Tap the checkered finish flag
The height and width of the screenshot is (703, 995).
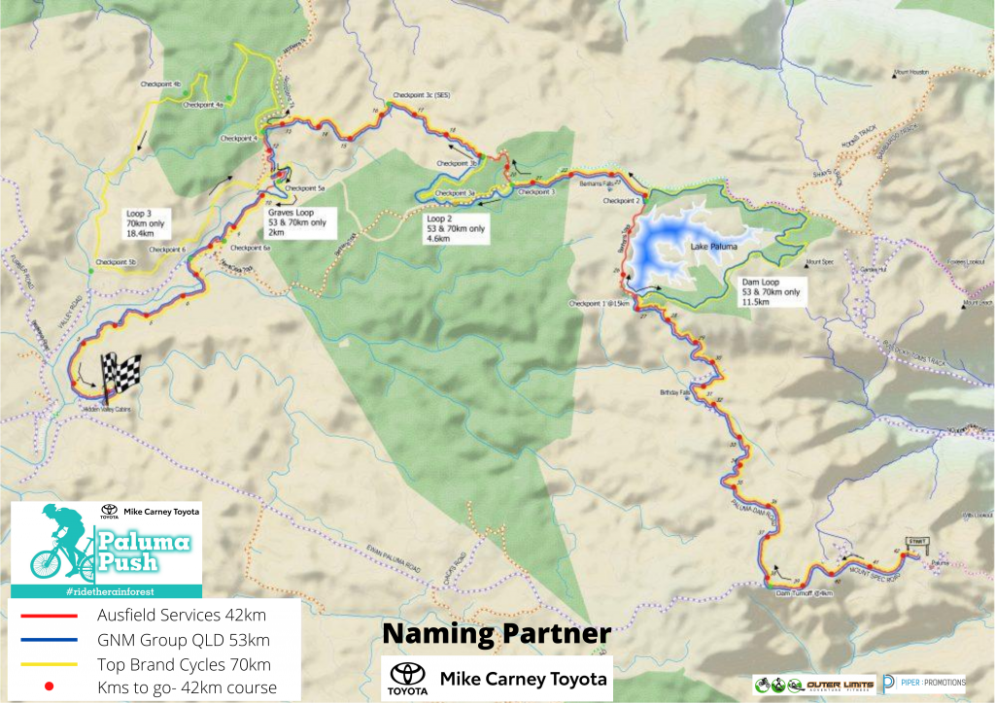tap(120, 374)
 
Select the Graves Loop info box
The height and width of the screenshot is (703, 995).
tap(297, 223)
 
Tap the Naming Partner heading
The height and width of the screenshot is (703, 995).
tap(496, 634)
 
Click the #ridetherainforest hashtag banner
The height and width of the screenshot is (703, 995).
tap(106, 591)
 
